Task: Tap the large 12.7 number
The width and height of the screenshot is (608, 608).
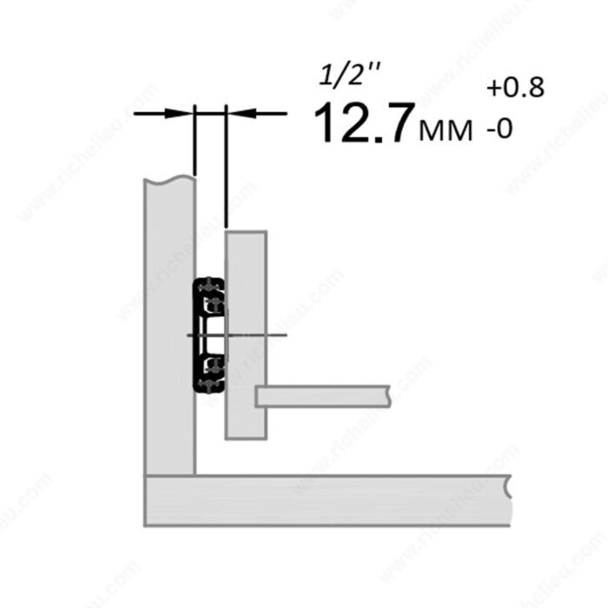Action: tap(362, 123)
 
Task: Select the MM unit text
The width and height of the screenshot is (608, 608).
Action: tap(446, 130)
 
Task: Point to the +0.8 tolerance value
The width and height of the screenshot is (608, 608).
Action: tap(516, 88)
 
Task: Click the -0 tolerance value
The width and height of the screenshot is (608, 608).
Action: tap(500, 129)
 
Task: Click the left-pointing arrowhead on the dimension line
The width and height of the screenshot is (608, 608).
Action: tap(242, 113)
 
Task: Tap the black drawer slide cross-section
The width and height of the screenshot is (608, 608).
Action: tap(209, 335)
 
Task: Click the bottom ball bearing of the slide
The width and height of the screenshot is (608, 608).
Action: tap(209, 384)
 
